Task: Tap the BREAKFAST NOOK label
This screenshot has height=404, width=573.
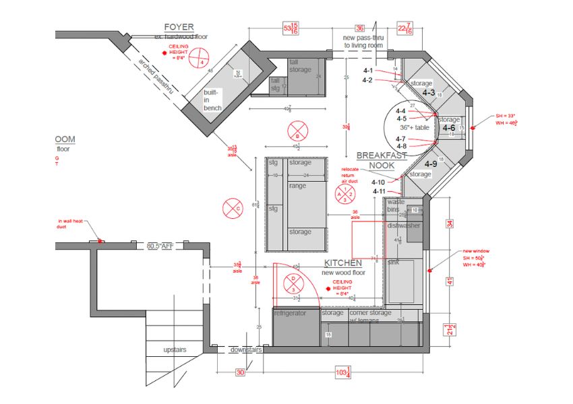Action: [x=382, y=160]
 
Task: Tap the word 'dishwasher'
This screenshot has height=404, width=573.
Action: [x=403, y=226]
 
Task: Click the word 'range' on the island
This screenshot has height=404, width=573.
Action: [x=297, y=185]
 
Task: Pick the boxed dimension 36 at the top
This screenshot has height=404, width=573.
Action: [x=360, y=28]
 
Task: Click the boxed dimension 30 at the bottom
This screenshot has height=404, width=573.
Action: [x=240, y=372]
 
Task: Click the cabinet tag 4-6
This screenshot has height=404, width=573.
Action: [x=448, y=128]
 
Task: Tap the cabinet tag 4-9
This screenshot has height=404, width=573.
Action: [x=430, y=164]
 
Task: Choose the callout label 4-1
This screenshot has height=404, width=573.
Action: [x=368, y=71]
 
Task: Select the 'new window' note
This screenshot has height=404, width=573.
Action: [x=476, y=251]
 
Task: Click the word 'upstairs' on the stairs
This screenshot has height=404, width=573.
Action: [x=175, y=350]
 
